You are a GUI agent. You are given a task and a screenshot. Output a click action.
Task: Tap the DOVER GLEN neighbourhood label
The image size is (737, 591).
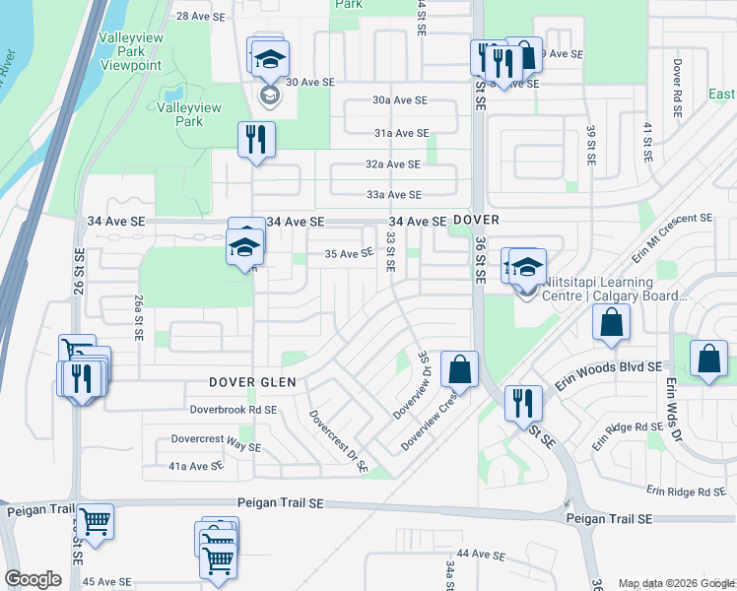252,382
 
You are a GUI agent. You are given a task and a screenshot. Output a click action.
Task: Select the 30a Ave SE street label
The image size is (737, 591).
400,100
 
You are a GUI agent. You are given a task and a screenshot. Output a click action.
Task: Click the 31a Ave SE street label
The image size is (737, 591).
401,133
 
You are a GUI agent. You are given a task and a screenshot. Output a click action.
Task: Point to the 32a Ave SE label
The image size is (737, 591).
393,164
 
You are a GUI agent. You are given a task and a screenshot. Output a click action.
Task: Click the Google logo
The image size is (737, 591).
33,579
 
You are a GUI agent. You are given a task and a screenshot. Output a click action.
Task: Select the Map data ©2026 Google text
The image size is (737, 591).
676,583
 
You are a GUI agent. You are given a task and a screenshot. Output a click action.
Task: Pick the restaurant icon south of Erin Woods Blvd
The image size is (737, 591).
521,402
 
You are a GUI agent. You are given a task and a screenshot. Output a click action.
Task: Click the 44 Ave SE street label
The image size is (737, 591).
480,555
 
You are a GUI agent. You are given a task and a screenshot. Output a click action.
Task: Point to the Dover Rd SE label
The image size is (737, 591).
678,89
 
